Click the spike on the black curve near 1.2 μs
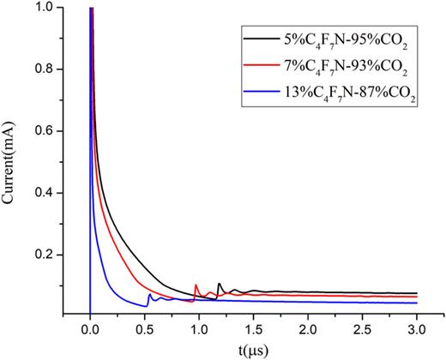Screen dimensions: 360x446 (x=220, y=284)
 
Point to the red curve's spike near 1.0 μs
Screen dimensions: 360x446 (x=196, y=285)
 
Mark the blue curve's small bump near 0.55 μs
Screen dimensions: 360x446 (x=150, y=296)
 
